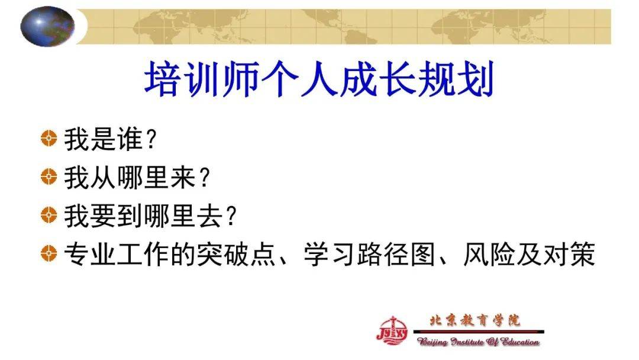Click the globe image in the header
[48, 26]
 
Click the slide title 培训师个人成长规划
[319, 79]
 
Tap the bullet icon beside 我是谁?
[49, 138]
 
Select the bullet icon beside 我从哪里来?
[49, 177]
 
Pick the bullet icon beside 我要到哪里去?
[49, 215]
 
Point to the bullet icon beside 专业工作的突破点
[49, 253]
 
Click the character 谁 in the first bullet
[130, 139]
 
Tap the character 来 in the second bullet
[183, 178]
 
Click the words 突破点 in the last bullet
[236, 254]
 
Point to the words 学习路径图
[370, 254]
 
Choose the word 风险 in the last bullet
[489, 254]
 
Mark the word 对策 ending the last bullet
[569, 254]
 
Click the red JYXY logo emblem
[392, 330]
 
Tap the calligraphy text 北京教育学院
[475, 320]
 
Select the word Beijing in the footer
[431, 342]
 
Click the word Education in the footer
[519, 341]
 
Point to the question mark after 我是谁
[151, 139]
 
